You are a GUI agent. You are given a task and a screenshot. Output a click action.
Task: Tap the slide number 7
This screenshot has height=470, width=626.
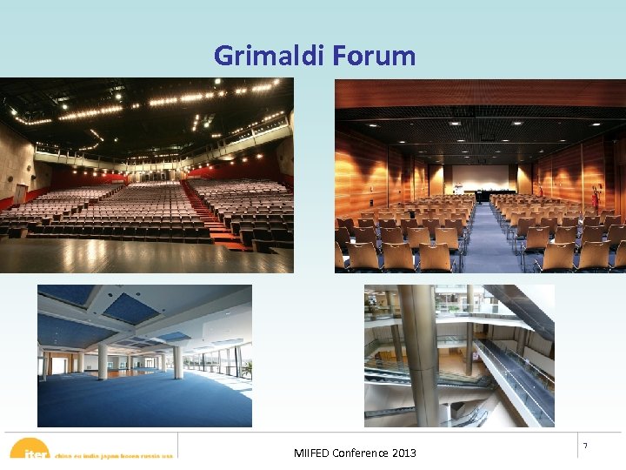(x=584, y=446)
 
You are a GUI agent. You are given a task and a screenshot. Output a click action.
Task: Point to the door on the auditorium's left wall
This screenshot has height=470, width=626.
(x=19, y=193)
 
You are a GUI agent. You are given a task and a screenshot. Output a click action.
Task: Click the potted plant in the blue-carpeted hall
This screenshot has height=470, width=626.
(x=246, y=370)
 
